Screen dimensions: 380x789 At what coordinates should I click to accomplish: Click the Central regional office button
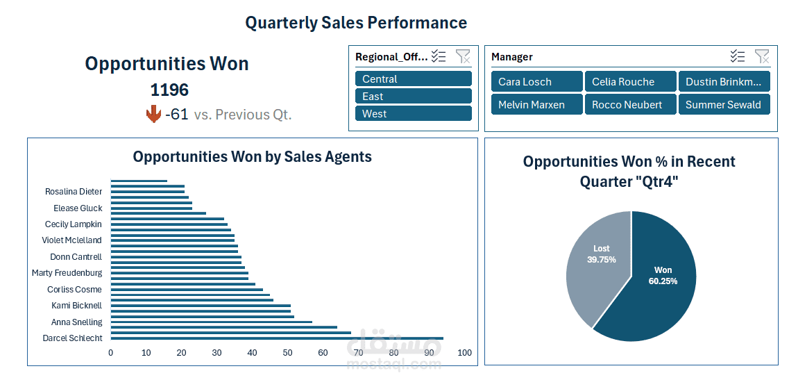click(413, 79)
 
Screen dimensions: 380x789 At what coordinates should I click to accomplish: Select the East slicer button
click(413, 97)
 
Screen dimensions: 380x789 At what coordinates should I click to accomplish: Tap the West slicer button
click(413, 114)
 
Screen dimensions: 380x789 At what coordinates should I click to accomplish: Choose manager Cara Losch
click(536, 82)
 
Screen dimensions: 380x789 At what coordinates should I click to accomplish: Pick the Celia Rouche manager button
click(630, 82)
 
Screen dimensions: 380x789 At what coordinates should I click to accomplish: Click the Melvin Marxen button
click(536, 105)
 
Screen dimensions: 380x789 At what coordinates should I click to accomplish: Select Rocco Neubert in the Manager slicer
click(630, 105)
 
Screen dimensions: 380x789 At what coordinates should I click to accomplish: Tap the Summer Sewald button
click(724, 105)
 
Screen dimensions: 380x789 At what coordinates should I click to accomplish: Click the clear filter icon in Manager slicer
click(761, 56)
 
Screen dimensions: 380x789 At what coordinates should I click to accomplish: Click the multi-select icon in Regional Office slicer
click(438, 56)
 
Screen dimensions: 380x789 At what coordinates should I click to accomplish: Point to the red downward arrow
click(153, 115)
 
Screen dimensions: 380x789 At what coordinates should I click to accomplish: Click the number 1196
click(169, 90)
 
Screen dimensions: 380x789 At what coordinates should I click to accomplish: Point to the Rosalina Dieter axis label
click(74, 192)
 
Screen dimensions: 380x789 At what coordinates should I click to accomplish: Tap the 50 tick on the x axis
click(287, 353)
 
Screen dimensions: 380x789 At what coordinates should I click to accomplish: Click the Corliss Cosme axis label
click(74, 290)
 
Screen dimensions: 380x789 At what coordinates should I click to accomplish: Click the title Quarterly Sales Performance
click(356, 23)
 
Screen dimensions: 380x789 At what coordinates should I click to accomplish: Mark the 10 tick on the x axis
click(146, 353)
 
